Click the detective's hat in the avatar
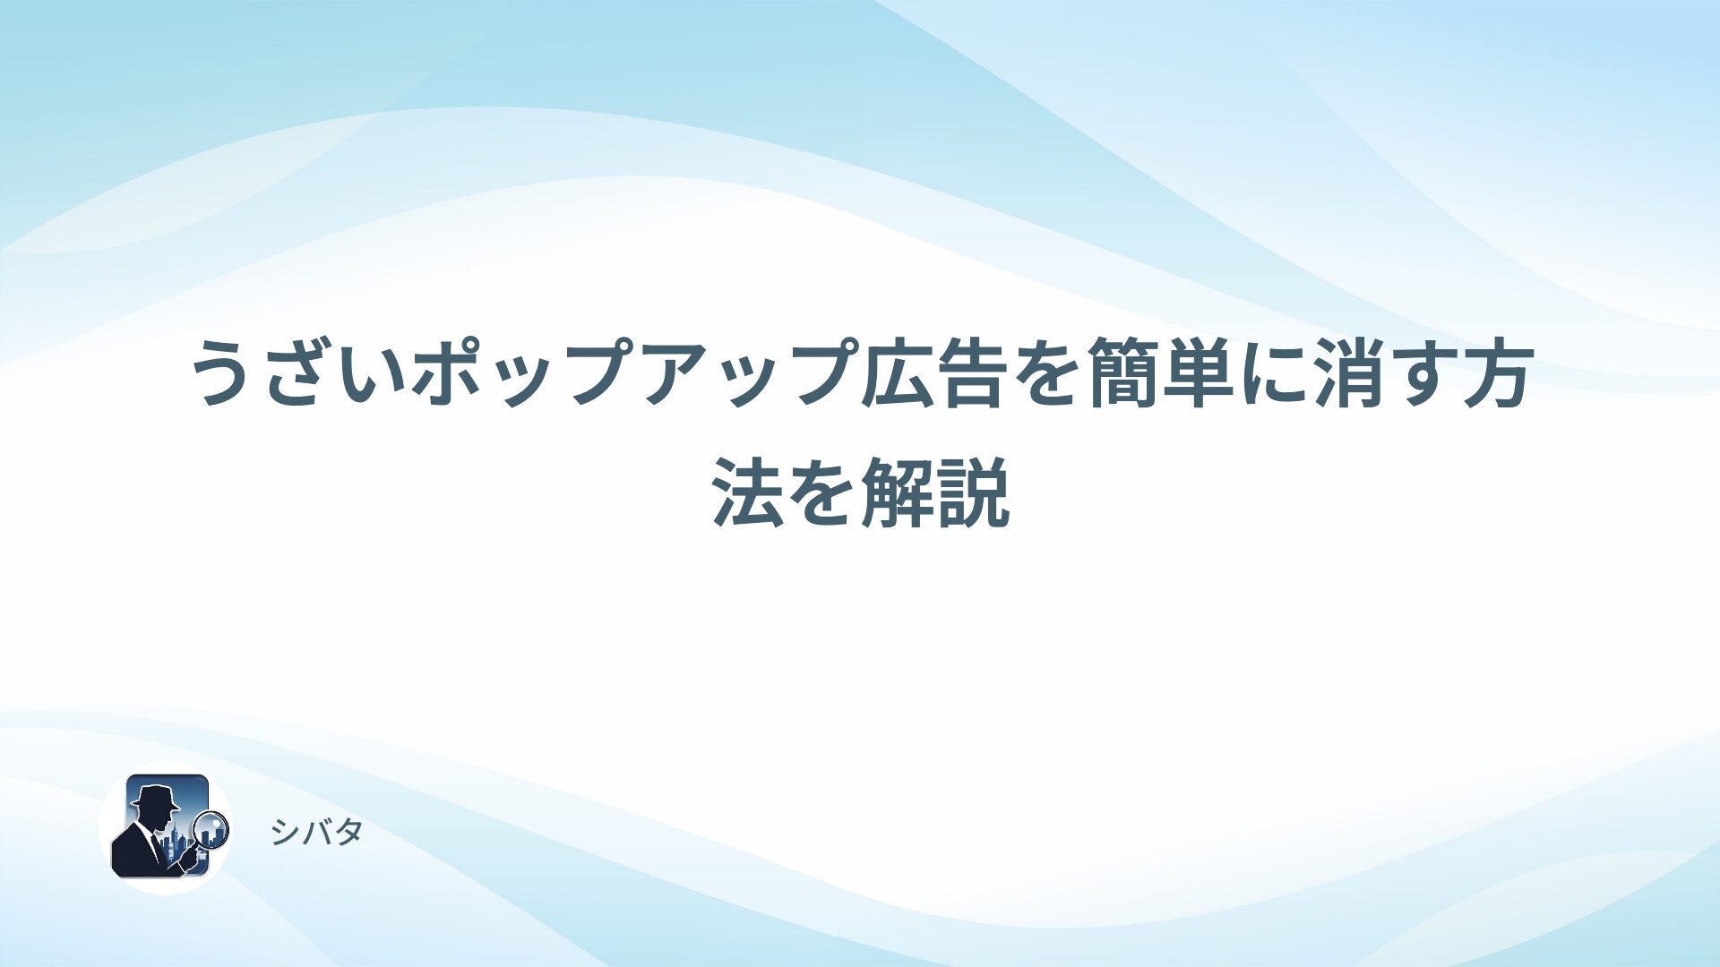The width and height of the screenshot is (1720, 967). (x=154, y=796)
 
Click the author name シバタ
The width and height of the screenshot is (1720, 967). (x=316, y=833)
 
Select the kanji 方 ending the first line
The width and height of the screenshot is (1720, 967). (x=1498, y=372)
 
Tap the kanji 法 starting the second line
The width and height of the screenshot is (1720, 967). (x=749, y=492)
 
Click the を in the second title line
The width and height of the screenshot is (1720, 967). (x=823, y=492)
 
